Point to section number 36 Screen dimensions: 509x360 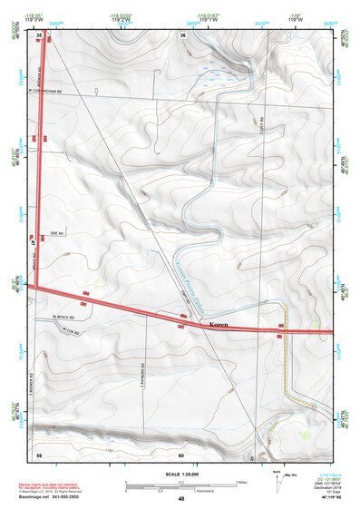click(183, 34)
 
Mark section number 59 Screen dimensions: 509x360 click(39, 454)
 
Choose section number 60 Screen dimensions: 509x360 click(181, 455)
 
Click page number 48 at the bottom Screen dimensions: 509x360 click(181, 499)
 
